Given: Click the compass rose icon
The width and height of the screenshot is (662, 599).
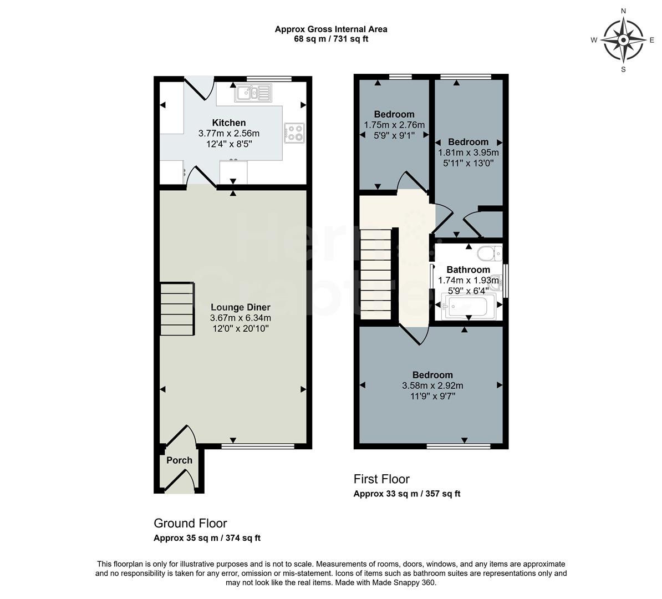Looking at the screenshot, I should pyautogui.click(x=623, y=40).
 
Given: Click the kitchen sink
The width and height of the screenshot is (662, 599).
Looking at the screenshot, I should pyautogui.click(x=252, y=93).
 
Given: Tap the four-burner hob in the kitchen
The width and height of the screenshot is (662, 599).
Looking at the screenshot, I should pyautogui.click(x=294, y=131).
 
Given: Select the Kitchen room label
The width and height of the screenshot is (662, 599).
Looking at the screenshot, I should pyautogui.click(x=229, y=123).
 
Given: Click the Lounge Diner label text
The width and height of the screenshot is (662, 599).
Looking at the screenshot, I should pyautogui.click(x=240, y=307).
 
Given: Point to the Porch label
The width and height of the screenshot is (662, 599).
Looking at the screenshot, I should pyautogui.click(x=179, y=460).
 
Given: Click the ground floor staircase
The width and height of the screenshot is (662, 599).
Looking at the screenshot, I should pyautogui.click(x=177, y=309).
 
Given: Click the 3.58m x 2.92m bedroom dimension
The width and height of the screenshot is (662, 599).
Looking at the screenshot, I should pyautogui.click(x=432, y=386).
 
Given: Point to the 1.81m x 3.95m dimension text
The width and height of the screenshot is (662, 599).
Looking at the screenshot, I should pyautogui.click(x=469, y=153).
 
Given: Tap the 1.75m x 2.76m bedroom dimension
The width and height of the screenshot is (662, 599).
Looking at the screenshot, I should pyautogui.click(x=394, y=125).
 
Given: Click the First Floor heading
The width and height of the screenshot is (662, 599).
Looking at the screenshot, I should pyautogui.click(x=381, y=479).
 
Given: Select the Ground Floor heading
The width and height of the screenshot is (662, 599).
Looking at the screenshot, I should pyautogui.click(x=190, y=523).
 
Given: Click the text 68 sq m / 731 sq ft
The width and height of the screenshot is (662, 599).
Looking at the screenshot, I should pyautogui.click(x=331, y=39).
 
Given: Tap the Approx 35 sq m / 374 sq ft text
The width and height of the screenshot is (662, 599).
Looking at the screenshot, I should pyautogui.click(x=207, y=538).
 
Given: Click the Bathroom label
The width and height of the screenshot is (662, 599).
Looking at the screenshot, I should pyautogui.click(x=468, y=270).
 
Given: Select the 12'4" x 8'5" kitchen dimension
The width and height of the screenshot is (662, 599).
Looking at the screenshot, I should pyautogui.click(x=229, y=144).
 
